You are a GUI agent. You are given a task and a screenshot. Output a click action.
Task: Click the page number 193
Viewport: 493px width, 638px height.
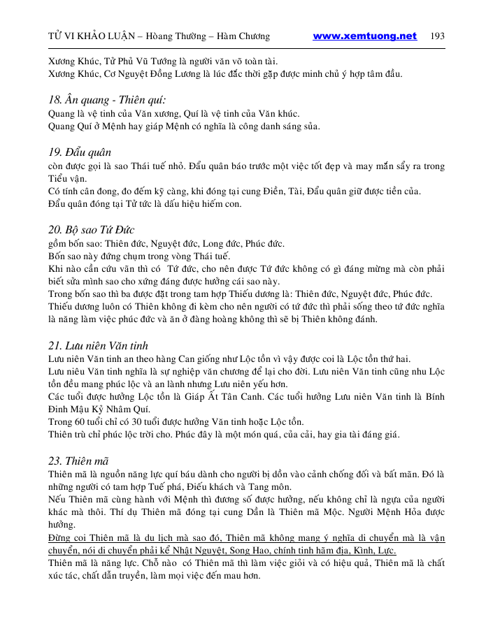(438, 36)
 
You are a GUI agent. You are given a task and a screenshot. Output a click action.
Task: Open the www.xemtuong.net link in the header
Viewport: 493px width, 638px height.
(364, 36)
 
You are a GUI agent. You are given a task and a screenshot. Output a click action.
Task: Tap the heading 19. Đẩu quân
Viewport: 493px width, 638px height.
(80, 152)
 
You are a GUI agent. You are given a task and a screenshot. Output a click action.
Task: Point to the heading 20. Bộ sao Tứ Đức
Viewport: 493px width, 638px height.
(91, 230)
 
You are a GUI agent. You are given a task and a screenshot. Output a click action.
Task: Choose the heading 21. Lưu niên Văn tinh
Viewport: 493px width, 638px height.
(98, 345)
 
